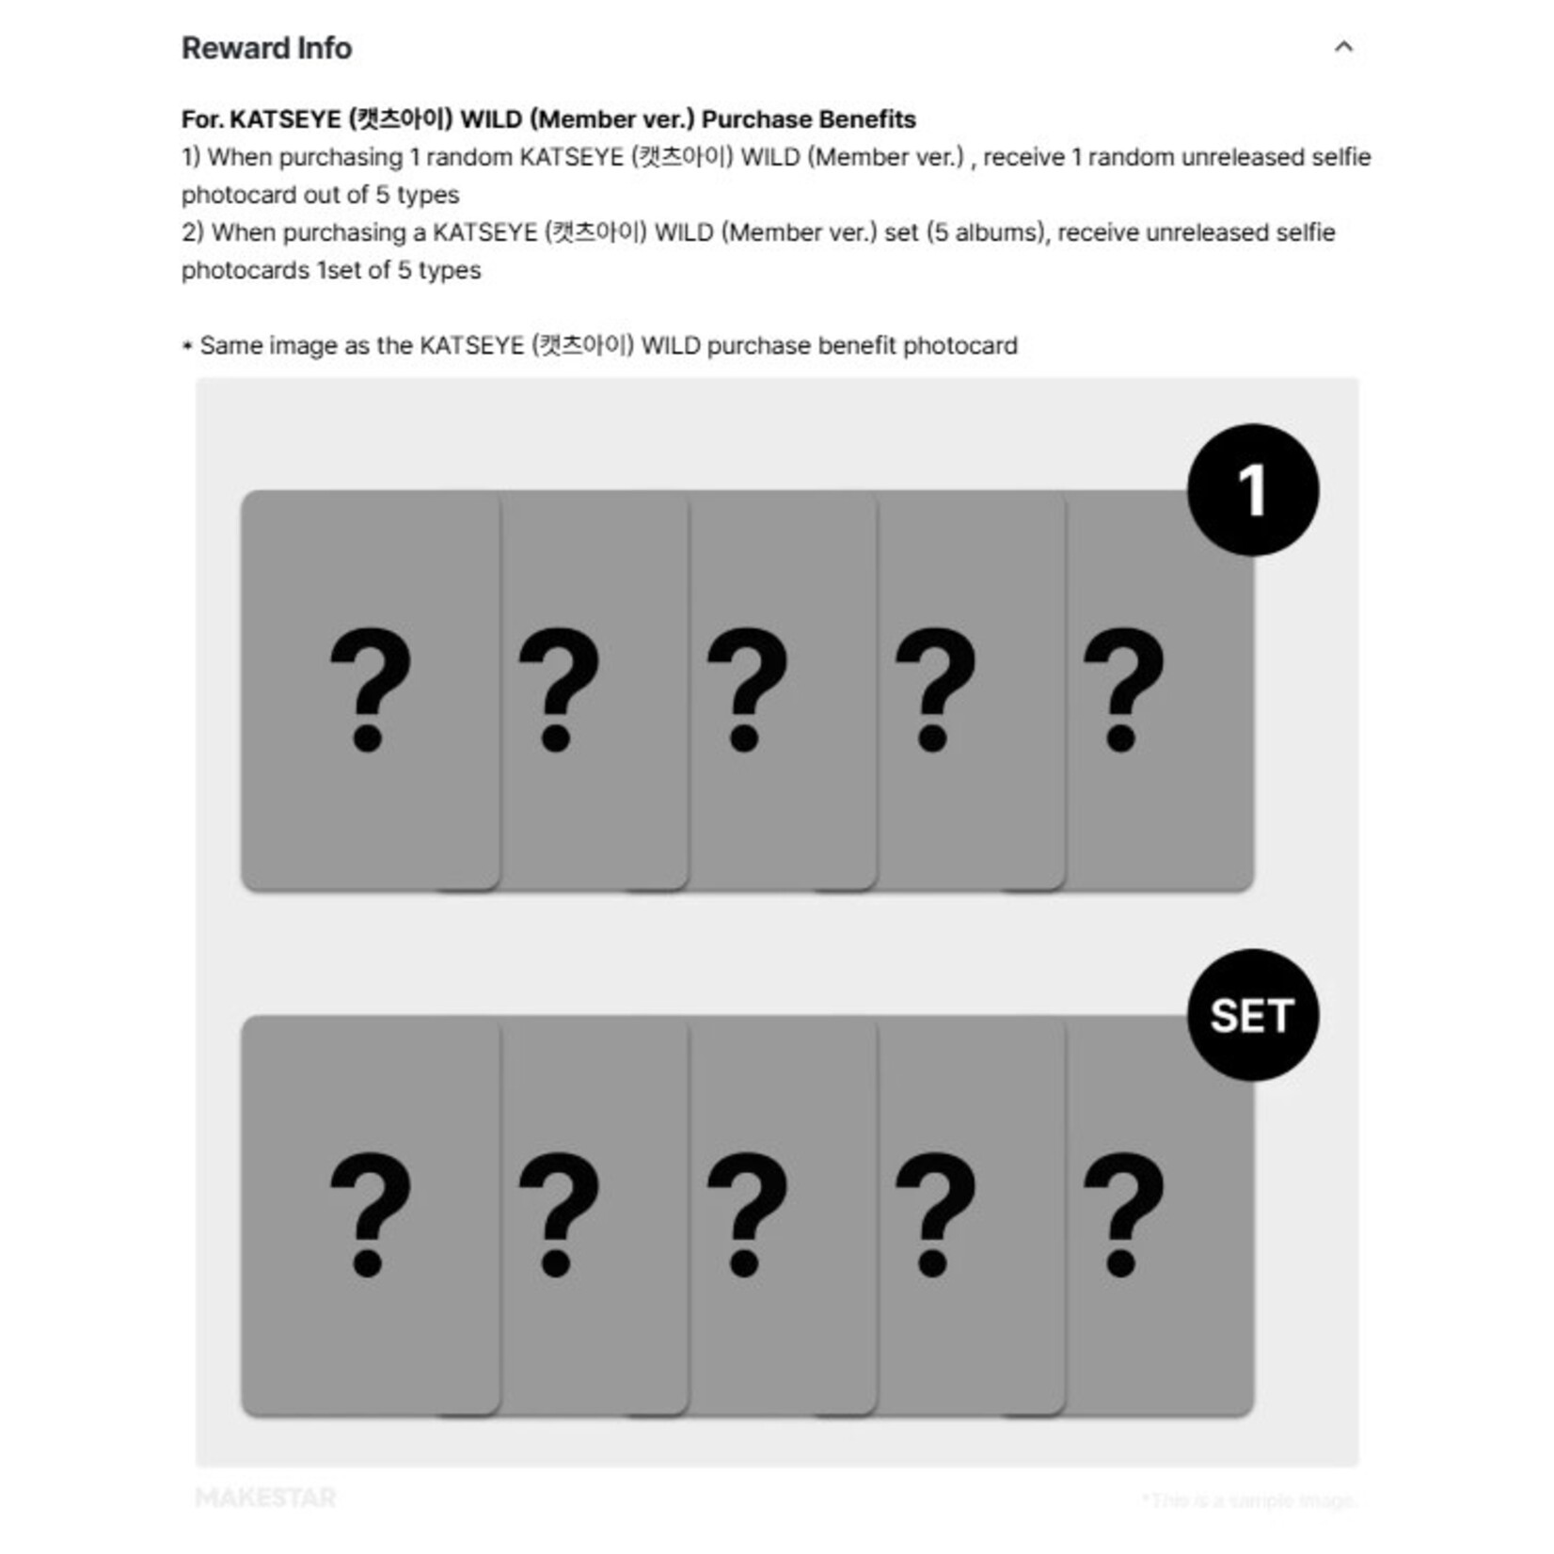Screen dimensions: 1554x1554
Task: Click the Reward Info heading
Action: pos(266,48)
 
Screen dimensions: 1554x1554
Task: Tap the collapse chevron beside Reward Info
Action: pos(1343,46)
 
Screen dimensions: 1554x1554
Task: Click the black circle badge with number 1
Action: pos(1252,490)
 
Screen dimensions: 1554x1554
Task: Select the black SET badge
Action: pos(1252,1015)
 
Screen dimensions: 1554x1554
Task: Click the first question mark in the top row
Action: pos(370,689)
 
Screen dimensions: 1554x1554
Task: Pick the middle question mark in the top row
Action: pos(746,689)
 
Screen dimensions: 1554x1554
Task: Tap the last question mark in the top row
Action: pos(1123,689)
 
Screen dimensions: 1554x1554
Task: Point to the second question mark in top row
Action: pos(558,689)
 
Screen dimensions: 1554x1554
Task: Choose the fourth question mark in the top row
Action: pos(934,689)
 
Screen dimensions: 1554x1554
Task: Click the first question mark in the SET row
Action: pos(370,1213)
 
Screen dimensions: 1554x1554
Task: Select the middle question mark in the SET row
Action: pos(746,1213)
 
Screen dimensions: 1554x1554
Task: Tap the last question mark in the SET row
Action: pos(1123,1213)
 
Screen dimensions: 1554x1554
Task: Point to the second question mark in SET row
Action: pos(558,1213)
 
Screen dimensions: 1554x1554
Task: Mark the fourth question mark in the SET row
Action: pos(934,1213)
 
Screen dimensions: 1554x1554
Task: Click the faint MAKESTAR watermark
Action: pos(265,1498)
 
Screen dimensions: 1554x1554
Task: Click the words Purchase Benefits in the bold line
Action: pos(808,119)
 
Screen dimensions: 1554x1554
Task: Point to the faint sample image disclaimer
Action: pos(1247,1499)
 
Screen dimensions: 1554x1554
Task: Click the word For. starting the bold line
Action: pos(201,119)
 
